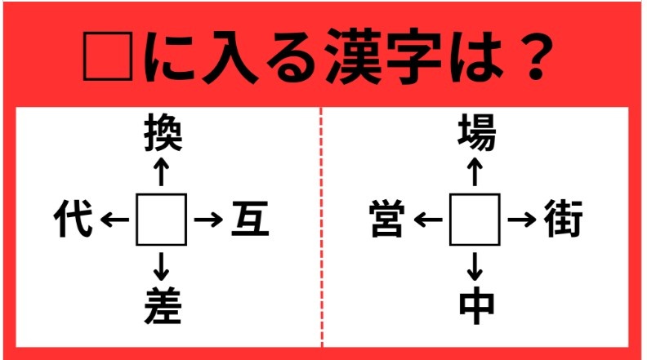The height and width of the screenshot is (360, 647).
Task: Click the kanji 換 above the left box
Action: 162,132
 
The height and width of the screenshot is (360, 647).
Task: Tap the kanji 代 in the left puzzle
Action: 73,220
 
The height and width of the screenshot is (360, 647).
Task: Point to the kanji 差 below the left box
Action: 162,307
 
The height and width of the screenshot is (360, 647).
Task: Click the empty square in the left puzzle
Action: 162,220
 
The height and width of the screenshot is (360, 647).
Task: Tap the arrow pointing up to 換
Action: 162,173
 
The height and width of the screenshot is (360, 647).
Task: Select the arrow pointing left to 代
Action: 115,220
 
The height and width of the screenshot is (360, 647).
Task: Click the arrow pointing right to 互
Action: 208,220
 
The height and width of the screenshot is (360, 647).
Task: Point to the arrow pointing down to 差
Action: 162,266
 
